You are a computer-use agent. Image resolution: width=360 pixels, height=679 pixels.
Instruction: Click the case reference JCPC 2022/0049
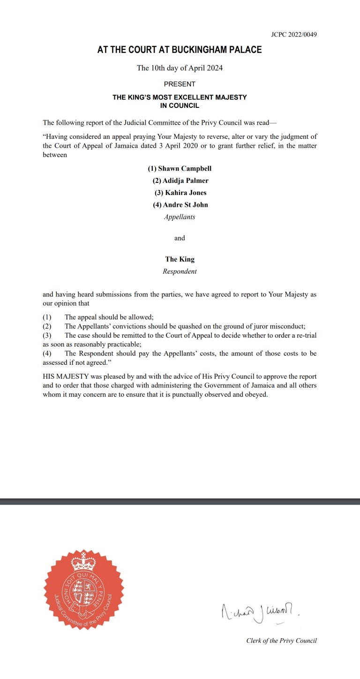click(x=293, y=35)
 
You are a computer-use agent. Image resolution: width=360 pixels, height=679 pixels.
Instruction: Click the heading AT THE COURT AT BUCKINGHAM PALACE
click(x=180, y=50)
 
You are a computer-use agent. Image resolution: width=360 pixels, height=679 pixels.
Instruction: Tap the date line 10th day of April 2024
click(x=180, y=68)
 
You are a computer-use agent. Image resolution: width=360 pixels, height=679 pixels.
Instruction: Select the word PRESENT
click(x=180, y=84)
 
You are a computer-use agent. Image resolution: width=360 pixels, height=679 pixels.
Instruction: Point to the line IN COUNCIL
click(x=180, y=106)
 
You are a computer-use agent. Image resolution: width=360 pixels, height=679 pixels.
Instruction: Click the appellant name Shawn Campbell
click(x=180, y=169)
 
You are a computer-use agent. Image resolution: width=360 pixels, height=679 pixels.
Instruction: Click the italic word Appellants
click(x=180, y=217)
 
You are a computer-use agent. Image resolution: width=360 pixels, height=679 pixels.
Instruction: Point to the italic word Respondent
click(x=180, y=272)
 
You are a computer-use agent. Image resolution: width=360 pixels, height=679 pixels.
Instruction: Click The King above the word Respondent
click(x=180, y=259)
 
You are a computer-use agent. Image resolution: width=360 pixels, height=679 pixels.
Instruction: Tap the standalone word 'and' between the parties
click(x=180, y=238)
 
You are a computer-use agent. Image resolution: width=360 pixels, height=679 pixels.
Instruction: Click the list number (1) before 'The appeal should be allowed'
click(x=47, y=317)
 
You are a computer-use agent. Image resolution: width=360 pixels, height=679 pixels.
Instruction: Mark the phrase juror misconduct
click(x=279, y=326)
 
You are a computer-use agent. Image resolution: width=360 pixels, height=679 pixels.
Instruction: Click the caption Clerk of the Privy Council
click(x=281, y=641)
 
